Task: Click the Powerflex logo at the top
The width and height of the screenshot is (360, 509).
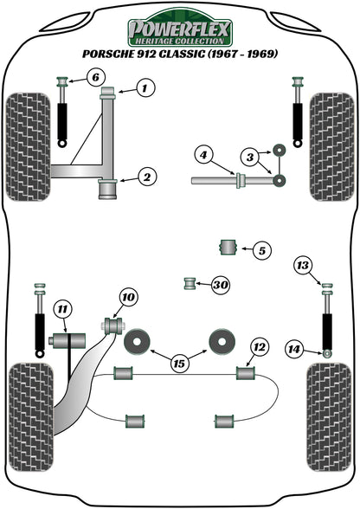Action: pos(180,33)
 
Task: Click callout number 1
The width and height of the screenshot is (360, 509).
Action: pos(145,87)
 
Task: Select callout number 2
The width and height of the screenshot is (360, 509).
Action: pos(147,177)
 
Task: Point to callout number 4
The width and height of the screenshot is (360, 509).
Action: pos(202,156)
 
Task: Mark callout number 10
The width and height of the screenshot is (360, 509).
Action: pos(128,299)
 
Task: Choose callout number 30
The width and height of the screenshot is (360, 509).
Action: pos(220,285)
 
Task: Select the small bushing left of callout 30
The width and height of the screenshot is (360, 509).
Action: pos(190,284)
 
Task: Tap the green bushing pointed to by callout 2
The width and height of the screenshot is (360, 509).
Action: pos(110,186)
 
